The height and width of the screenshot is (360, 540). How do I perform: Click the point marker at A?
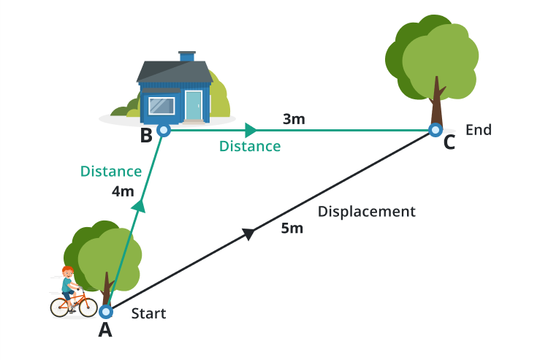tap(107, 311)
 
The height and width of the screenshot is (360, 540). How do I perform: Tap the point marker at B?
tap(164, 131)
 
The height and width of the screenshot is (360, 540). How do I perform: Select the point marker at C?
tap(436, 131)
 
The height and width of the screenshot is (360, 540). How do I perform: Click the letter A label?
tap(105, 331)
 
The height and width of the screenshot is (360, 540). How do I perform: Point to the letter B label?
tap(146, 135)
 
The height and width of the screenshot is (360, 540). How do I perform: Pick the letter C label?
tap(449, 143)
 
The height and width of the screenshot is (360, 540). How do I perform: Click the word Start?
tap(148, 314)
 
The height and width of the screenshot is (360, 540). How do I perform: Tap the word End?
tap(479, 130)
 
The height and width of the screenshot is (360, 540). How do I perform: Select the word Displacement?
tap(366, 212)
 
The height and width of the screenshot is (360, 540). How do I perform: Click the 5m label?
tap(292, 229)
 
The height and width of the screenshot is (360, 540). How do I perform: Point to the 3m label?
tap(293, 119)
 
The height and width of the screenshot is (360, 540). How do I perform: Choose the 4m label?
tap(123, 192)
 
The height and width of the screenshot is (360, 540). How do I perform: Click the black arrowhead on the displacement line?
tap(248, 234)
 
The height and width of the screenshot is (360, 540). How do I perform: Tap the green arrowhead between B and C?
tap(251, 131)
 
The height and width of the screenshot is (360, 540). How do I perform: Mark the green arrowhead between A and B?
tap(138, 207)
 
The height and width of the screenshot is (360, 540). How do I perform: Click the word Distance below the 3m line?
tap(250, 146)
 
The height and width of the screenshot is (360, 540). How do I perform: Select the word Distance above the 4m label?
tap(110, 172)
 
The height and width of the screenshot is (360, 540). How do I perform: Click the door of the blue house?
tap(193, 106)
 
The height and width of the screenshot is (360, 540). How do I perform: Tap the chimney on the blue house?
tap(187, 57)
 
